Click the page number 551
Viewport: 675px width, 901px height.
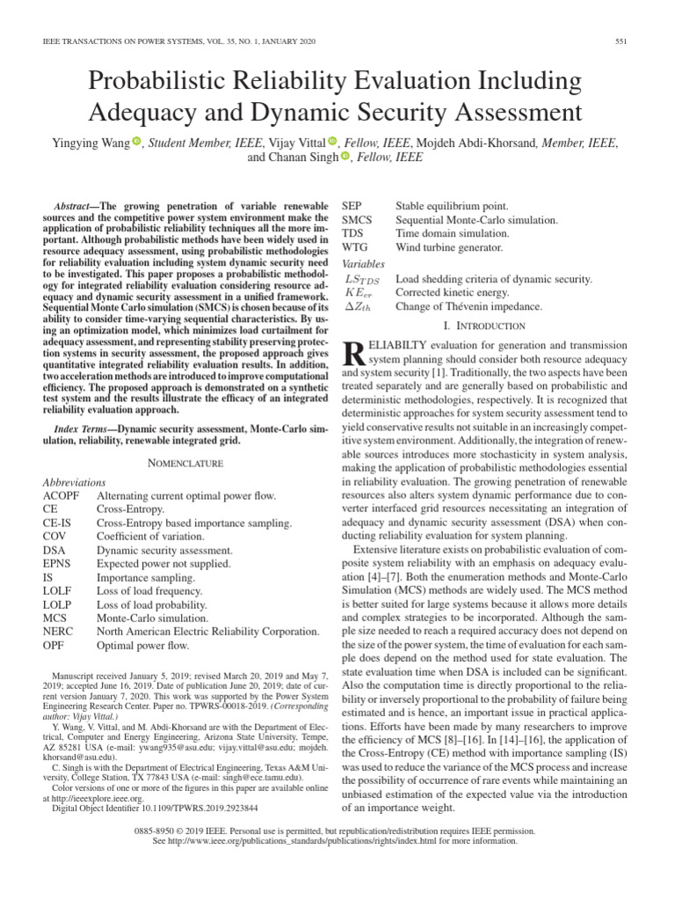(x=621, y=42)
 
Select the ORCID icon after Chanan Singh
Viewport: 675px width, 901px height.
(x=345, y=157)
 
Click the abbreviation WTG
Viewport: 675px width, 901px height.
(x=354, y=247)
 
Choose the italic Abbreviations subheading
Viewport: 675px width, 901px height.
(x=74, y=482)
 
